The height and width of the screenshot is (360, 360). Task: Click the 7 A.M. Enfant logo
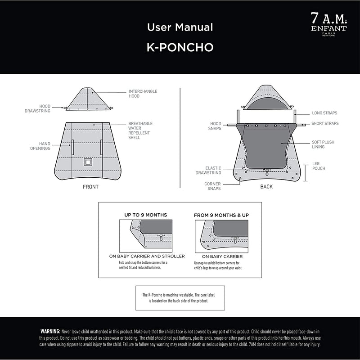[x=329, y=24]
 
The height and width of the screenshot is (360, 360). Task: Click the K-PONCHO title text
[x=180, y=47]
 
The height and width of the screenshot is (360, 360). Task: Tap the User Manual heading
[x=180, y=27]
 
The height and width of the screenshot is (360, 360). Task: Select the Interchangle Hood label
[x=143, y=94]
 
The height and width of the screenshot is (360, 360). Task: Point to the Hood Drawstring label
[x=37, y=108]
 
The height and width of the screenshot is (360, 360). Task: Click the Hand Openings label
[x=40, y=146]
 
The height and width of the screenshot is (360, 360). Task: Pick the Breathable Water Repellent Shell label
[x=140, y=130]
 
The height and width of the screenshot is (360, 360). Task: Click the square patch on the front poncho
[x=88, y=162]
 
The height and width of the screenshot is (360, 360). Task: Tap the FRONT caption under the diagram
[x=90, y=187]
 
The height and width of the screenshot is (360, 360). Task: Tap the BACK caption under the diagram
[x=266, y=187]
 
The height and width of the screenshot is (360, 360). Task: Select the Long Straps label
[x=324, y=113]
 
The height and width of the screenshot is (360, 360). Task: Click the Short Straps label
[x=325, y=123]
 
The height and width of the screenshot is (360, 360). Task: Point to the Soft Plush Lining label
[x=323, y=144]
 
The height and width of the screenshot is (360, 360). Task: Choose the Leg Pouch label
[x=319, y=166]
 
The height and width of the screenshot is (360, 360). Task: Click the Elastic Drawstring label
[x=208, y=171]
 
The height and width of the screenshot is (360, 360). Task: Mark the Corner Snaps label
[x=212, y=186]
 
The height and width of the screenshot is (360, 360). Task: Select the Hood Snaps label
[x=215, y=126]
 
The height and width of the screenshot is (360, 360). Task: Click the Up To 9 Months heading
[x=145, y=215]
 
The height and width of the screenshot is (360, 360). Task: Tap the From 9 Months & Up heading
[x=221, y=216]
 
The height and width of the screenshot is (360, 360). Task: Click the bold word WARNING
[x=50, y=332]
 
